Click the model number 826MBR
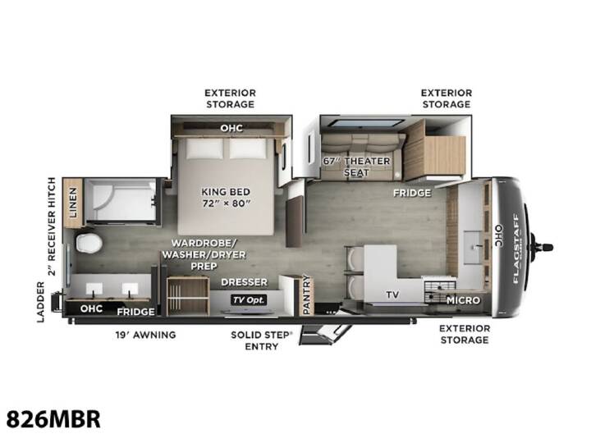(x=53, y=419)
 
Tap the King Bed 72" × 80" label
(x=226, y=198)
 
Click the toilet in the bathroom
(x=89, y=243)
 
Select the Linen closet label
(x=73, y=203)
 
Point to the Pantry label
(x=306, y=295)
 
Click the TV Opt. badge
(x=249, y=300)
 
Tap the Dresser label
(x=245, y=282)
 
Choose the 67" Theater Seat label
(x=356, y=167)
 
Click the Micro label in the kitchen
(x=463, y=300)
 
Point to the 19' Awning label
(x=145, y=335)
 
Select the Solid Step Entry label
(x=261, y=340)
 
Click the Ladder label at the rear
(x=41, y=302)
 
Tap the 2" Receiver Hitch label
(x=51, y=226)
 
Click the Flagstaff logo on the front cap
(x=516, y=249)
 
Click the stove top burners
(x=439, y=290)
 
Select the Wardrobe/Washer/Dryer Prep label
(x=204, y=254)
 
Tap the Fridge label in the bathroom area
(x=135, y=312)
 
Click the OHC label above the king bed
(x=231, y=128)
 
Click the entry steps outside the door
(x=325, y=335)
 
